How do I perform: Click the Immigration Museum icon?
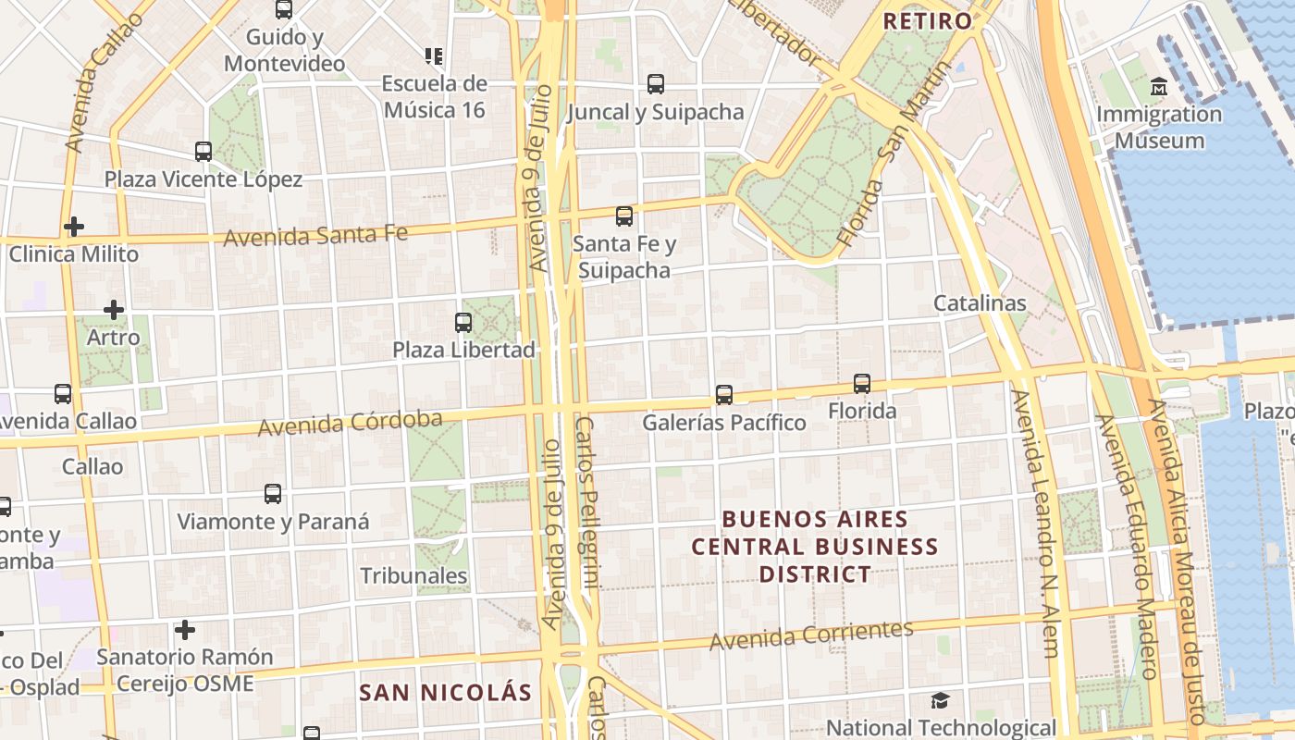click(x=1158, y=88)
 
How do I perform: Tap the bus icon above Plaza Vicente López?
click(x=203, y=151)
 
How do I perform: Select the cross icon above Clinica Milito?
click(x=74, y=227)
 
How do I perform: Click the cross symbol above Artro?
click(x=114, y=310)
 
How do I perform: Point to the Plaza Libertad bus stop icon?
click(x=463, y=323)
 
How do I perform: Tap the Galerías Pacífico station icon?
click(x=724, y=395)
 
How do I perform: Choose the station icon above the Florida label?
click(x=862, y=383)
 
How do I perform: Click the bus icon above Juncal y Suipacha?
click(x=656, y=84)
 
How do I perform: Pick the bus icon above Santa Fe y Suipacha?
click(x=624, y=216)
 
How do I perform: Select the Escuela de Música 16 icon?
click(x=434, y=56)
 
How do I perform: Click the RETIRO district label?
click(x=928, y=20)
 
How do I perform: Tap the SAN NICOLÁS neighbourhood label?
click(x=445, y=693)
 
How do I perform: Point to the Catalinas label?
click(x=980, y=302)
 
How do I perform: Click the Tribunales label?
click(x=413, y=575)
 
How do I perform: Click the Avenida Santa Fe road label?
click(x=315, y=235)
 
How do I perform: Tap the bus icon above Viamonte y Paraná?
click(x=273, y=494)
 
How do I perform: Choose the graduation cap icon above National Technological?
click(x=940, y=700)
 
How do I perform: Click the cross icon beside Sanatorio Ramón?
click(x=185, y=631)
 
